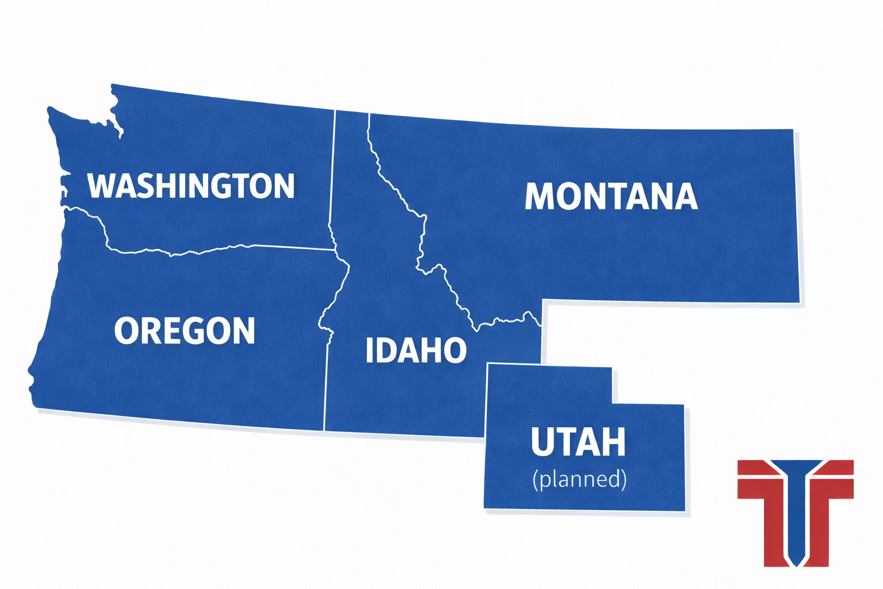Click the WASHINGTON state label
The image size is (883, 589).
tap(191, 185)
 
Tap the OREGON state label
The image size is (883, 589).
tap(185, 331)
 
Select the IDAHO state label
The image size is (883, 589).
tap(416, 350)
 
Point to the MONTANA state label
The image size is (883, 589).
tap(611, 197)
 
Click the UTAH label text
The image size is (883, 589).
tap(578, 442)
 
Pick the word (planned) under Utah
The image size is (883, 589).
tap(579, 479)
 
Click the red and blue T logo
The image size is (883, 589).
tap(796, 512)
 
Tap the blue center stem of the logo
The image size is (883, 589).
tap(796, 518)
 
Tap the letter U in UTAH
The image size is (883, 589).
tap(543, 442)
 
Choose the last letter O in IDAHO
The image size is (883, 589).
tap(455, 350)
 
